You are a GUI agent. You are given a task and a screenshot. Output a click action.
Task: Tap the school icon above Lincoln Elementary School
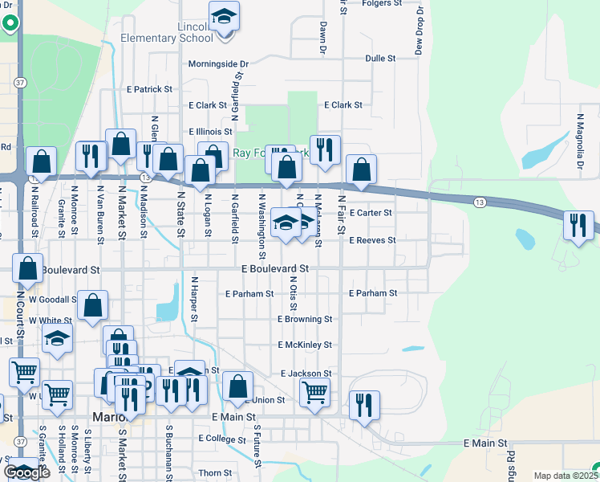click(x=224, y=16)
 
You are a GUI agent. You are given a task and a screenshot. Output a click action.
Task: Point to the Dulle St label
click(x=380, y=59)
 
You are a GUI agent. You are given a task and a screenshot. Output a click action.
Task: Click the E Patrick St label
click(x=150, y=89)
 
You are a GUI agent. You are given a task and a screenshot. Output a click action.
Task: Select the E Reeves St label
click(x=373, y=240)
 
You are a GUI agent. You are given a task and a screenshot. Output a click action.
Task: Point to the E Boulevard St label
click(x=275, y=268)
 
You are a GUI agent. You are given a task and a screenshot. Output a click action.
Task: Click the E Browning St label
click(x=305, y=319)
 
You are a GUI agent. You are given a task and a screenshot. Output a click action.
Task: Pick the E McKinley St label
click(x=305, y=345)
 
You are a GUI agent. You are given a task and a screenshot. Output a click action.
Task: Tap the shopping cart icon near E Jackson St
click(x=314, y=393)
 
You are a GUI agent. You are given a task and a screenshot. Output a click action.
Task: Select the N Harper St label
click(x=194, y=297)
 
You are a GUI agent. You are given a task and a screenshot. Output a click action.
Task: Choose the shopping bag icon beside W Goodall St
click(x=92, y=305)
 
